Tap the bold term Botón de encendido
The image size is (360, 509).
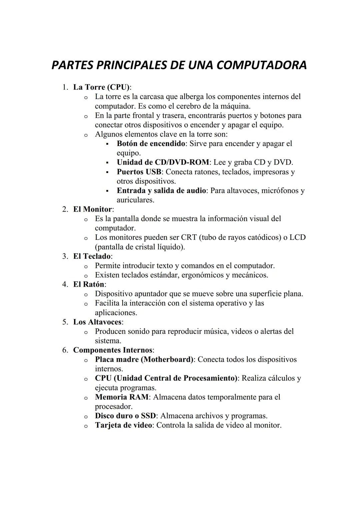[x=151, y=144]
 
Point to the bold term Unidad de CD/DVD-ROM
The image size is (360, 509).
[x=163, y=162]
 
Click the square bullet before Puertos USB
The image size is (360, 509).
[x=107, y=172]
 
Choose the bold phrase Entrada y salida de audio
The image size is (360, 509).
[x=161, y=191]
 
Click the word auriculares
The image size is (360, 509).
[x=135, y=200]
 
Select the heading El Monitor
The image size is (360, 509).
[x=93, y=209]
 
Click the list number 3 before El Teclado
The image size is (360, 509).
[x=65, y=256]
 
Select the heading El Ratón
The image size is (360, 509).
[x=89, y=284]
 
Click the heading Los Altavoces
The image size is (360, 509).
[x=97, y=322]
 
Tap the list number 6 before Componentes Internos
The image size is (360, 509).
[x=65, y=350]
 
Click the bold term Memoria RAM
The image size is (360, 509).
[x=122, y=397]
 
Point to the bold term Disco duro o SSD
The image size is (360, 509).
[x=125, y=416]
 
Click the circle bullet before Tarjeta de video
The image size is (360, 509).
[x=86, y=426]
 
